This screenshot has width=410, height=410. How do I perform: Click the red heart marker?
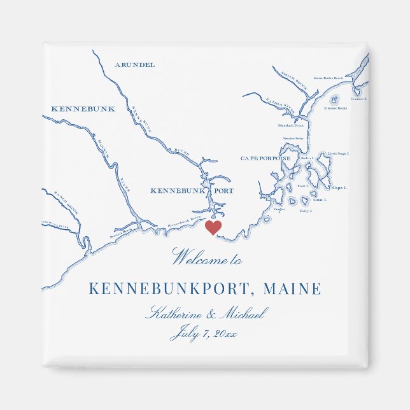[213, 227]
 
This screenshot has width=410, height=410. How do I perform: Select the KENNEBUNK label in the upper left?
[83, 109]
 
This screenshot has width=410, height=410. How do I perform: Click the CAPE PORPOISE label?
[265, 158]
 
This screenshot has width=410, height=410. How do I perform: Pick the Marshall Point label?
[291, 125]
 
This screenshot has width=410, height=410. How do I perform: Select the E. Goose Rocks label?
[335, 108]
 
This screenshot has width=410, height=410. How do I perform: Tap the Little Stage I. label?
[338, 153]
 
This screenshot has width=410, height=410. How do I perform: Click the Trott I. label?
[312, 186]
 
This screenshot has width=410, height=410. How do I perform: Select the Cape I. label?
[339, 188]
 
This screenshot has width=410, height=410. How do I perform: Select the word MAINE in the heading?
[292, 289]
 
